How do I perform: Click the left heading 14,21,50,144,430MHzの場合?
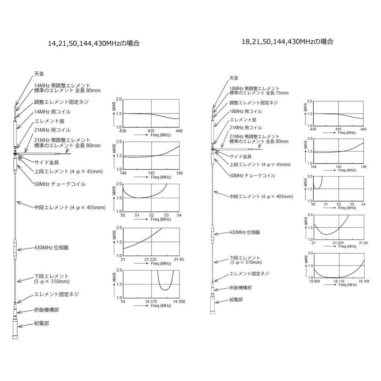pyautogui.click(x=94, y=43)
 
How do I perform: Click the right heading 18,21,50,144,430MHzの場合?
pyautogui.click(x=287, y=41)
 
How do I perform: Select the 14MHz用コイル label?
pyautogui.click(x=52, y=112)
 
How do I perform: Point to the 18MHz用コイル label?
pyautogui.click(x=246, y=111)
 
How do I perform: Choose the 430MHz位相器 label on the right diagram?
pyautogui.click(x=245, y=232)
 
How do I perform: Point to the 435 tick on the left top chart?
pyautogui.click(x=151, y=130)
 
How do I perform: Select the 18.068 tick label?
pyautogui.click(x=314, y=280)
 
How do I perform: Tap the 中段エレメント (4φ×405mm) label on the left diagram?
pyautogui.click(x=70, y=207)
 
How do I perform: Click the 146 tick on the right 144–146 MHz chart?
pyautogui.click(x=363, y=166)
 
